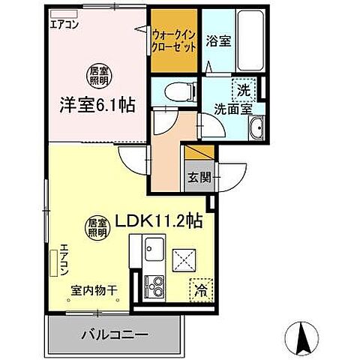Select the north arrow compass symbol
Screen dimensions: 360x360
(x=304, y=339)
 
